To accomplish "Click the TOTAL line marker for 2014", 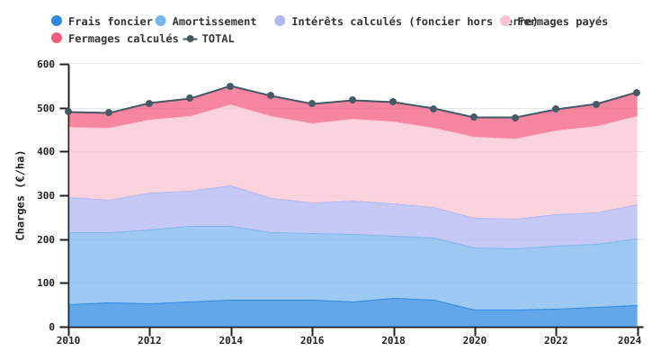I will tap(230, 86).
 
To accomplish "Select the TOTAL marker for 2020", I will tap(474, 117).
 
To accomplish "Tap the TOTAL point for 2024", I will tap(637, 93).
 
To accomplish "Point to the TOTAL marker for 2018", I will tap(393, 103).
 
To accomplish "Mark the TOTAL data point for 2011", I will tap(109, 113).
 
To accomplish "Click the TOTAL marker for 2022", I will tap(556, 109).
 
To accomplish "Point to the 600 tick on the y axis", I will tap(46, 65).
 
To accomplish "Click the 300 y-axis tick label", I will tap(46, 196).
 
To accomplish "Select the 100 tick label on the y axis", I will tap(46, 283).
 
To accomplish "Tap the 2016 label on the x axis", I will tap(312, 340).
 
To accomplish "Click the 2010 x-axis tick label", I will tap(68, 340).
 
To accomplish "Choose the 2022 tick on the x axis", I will tap(556, 340).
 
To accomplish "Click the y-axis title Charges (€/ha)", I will tap(21, 195).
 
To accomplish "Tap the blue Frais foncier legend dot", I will tap(57, 22).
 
